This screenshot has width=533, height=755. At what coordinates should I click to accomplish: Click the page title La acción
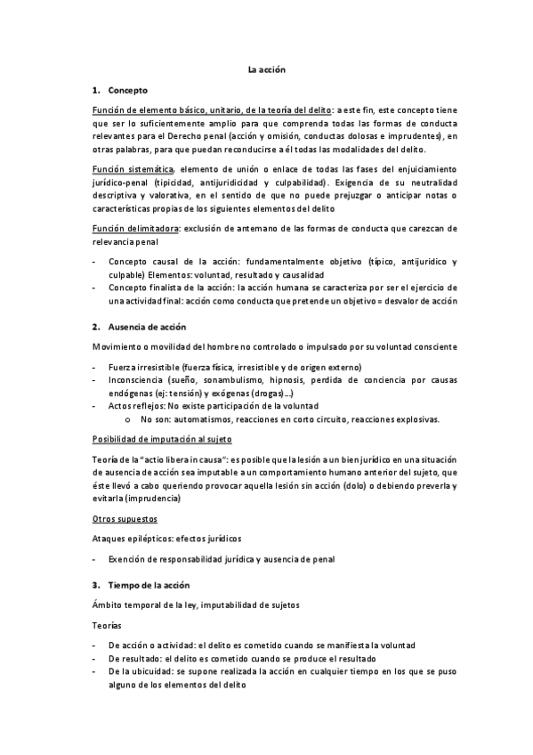[x=266, y=69]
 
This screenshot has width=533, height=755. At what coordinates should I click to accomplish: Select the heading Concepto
[x=128, y=91]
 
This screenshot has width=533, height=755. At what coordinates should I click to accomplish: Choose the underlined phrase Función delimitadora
[x=135, y=228]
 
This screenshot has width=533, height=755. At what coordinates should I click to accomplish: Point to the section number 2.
[x=95, y=327]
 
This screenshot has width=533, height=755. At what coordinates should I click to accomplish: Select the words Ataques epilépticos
[x=132, y=539]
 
